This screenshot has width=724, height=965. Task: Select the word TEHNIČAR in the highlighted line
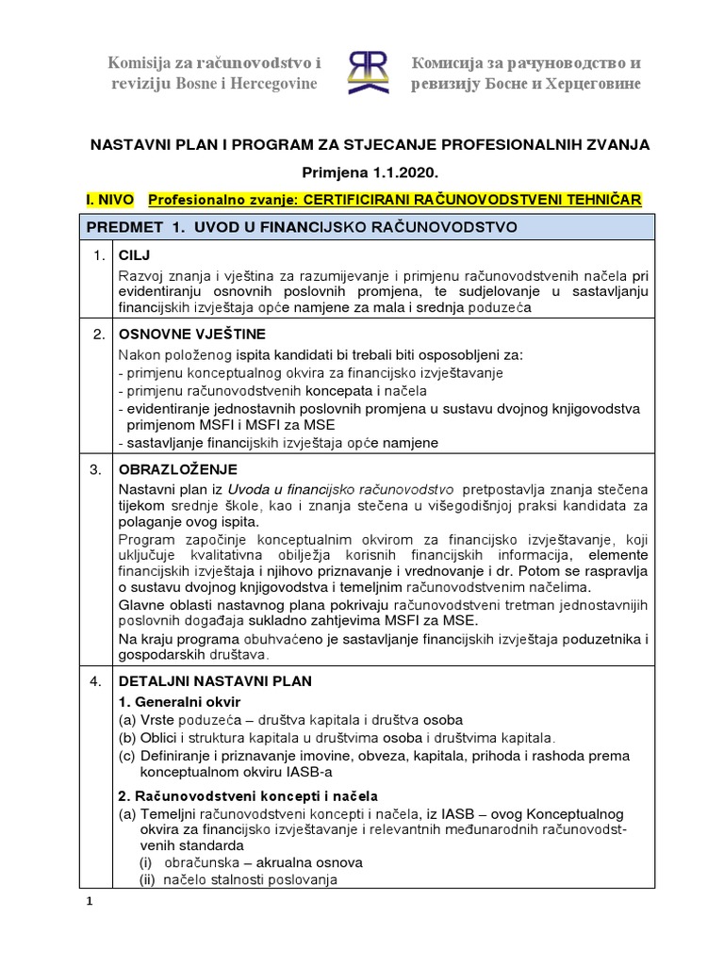598,200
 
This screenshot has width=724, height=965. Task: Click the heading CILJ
135,255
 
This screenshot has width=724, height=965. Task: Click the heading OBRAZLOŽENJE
177,468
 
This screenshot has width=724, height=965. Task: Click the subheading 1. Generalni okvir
179,701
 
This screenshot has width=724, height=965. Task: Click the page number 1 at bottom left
90,901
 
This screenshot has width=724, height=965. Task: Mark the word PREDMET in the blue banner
124,227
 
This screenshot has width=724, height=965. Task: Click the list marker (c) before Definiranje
126,756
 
